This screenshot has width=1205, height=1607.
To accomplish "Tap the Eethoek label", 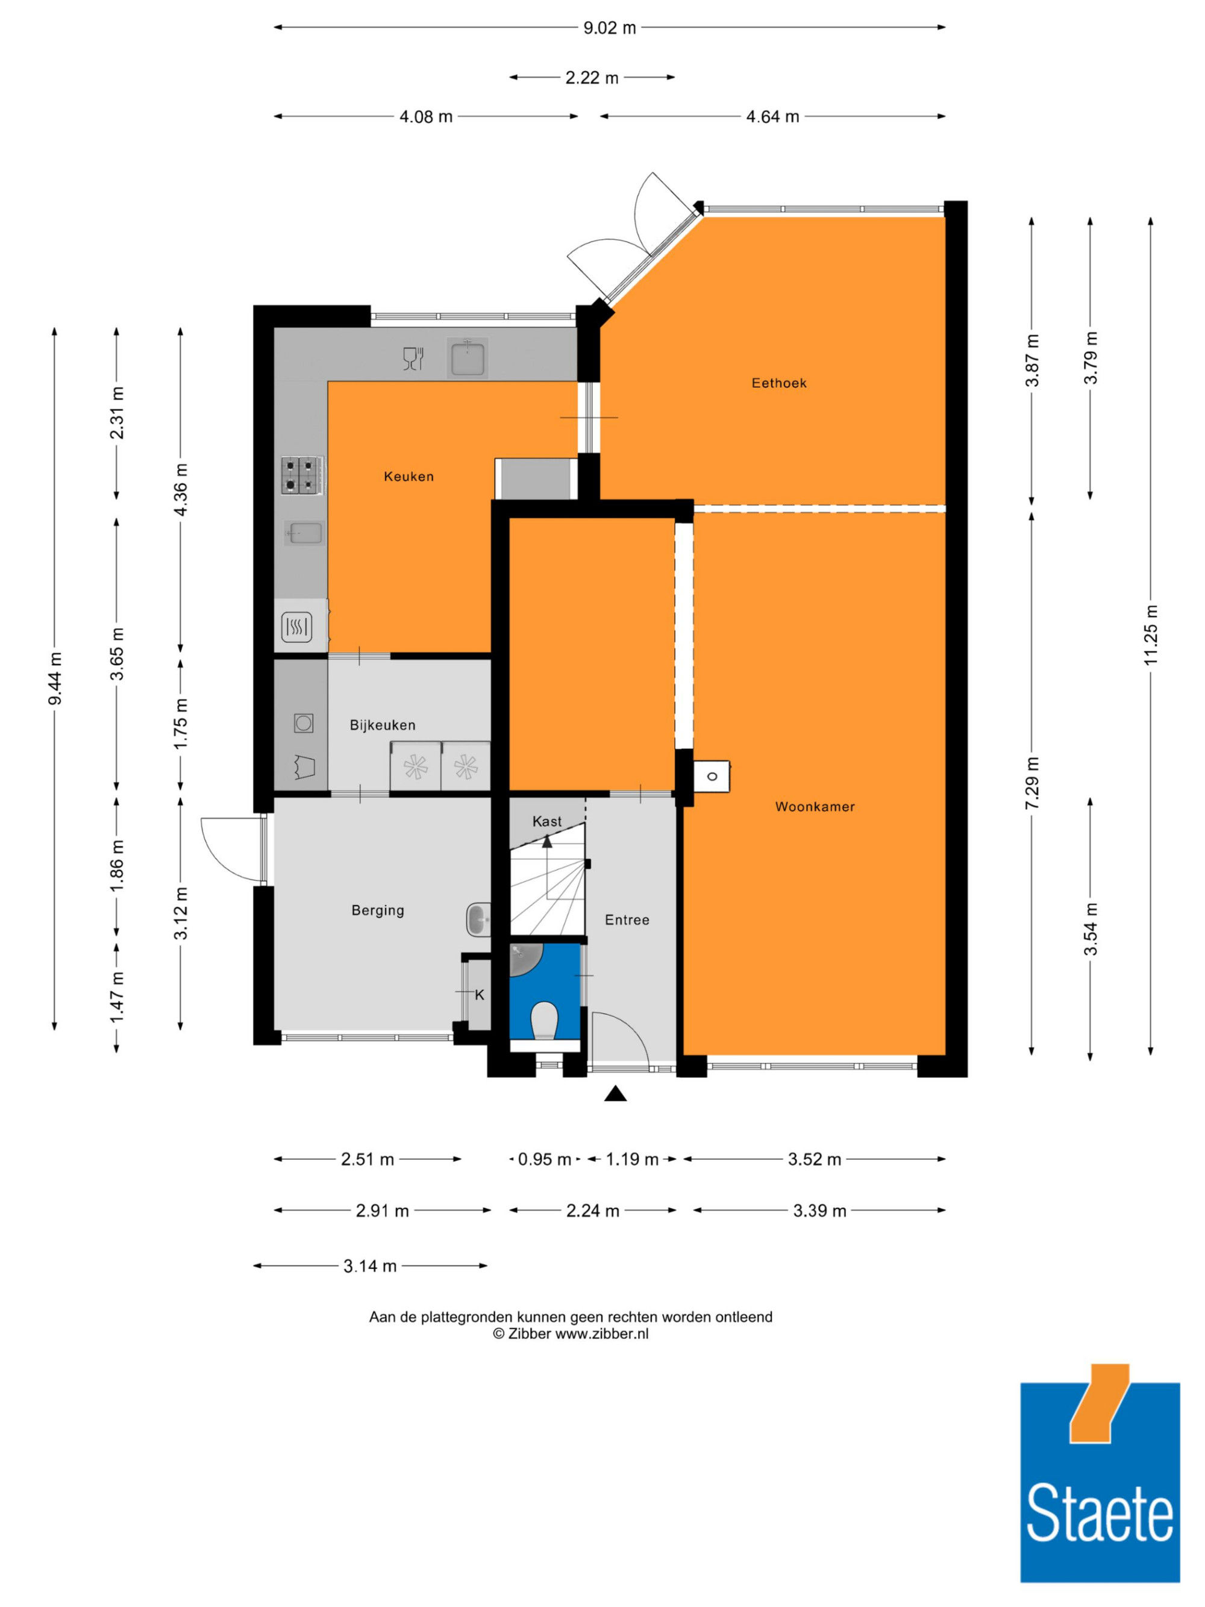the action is pyautogui.click(x=778, y=383).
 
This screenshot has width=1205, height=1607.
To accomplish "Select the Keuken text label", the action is pyautogui.click(x=409, y=477).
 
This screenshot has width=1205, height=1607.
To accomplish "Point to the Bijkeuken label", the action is pyautogui.click(x=383, y=725).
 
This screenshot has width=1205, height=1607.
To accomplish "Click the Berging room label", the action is pyautogui.click(x=378, y=910).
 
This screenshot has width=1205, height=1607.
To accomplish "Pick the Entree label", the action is pyautogui.click(x=627, y=919).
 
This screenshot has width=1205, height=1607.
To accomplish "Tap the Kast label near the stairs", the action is pyautogui.click(x=547, y=821).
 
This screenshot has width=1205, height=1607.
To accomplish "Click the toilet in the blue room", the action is pyautogui.click(x=544, y=1020).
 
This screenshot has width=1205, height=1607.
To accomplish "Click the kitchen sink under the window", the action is pyautogui.click(x=467, y=357).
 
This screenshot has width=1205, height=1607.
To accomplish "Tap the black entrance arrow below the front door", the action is pyautogui.click(x=615, y=1094).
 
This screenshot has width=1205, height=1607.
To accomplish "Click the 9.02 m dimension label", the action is pyautogui.click(x=609, y=28).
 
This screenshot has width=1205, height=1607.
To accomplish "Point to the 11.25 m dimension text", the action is pyautogui.click(x=1151, y=634).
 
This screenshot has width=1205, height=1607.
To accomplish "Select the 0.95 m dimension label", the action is pyautogui.click(x=544, y=1159).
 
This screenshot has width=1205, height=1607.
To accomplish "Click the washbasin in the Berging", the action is pyautogui.click(x=478, y=919).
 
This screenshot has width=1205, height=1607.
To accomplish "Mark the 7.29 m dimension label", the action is pyautogui.click(x=1032, y=783).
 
